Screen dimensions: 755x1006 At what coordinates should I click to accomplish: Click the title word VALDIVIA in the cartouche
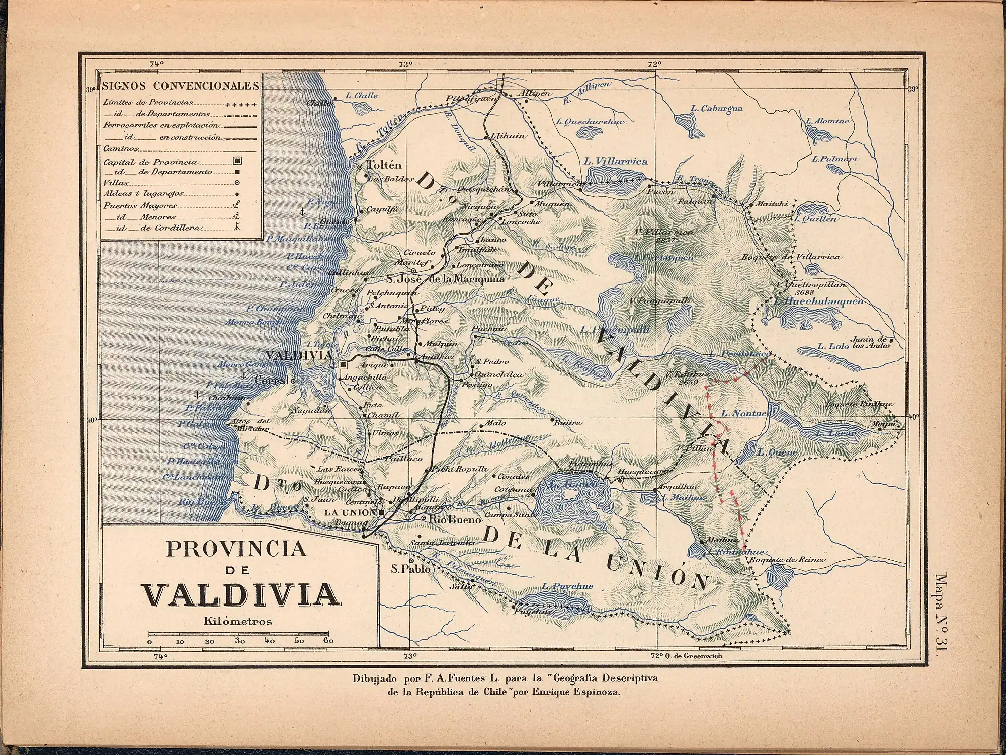tap(240, 594)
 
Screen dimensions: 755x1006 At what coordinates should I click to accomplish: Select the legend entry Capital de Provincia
tap(150, 162)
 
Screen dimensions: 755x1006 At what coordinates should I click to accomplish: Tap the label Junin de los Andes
tap(869, 343)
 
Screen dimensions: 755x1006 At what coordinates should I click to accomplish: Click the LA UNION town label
tap(350, 513)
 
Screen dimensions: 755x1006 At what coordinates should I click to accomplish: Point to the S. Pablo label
tap(410, 569)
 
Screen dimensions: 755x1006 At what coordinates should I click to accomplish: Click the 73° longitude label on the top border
tap(405, 64)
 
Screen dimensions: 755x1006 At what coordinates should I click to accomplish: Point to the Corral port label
tap(272, 381)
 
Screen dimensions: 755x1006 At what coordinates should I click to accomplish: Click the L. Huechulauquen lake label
tap(819, 301)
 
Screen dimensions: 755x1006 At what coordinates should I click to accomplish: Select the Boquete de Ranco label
tap(787, 560)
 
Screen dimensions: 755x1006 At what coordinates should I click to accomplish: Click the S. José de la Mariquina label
tap(445, 279)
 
